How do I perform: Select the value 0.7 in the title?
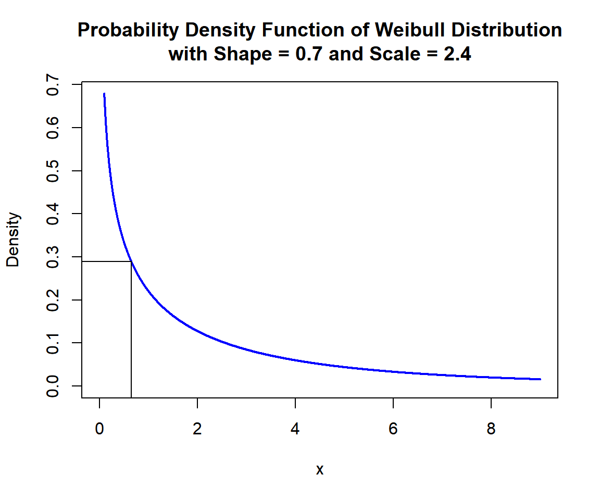307,54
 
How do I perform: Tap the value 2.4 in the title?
457,54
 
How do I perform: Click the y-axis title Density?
13,240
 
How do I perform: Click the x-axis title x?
320,470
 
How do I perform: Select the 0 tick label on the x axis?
99,430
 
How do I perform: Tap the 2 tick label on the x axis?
197,430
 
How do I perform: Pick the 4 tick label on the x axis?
295,430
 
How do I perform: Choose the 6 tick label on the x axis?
393,430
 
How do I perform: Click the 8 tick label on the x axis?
491,430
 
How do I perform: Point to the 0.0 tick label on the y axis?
53,386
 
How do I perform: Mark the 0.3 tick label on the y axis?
53,257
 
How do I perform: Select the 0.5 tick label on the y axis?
53,171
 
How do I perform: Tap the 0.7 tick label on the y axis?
53,85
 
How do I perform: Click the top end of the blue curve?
104,94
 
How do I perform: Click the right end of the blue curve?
540,379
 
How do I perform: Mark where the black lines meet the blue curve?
131,261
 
